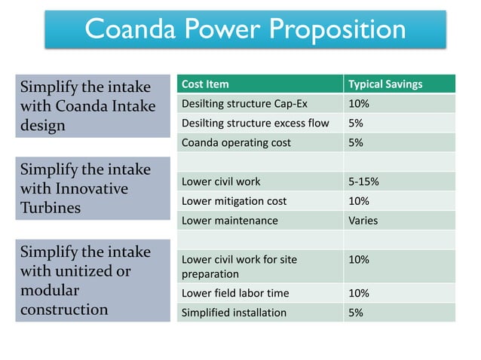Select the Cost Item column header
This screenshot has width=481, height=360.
tap(205, 84)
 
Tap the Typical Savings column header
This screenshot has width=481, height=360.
tap(385, 84)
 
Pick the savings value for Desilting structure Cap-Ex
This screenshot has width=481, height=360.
tap(358, 103)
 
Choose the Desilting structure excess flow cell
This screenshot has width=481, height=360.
tap(255, 123)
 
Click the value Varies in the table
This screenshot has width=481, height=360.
tap(363, 221)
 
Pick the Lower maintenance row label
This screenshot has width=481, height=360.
tap(230, 221)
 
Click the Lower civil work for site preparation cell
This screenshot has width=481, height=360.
tap(239, 267)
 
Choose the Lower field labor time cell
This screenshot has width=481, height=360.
tap(235, 293)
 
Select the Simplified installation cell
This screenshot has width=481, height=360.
tap(234, 313)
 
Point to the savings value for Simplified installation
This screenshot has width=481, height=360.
tap(355, 313)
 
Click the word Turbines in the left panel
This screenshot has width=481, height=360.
tap(51, 208)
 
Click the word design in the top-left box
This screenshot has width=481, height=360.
tap(43, 126)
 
